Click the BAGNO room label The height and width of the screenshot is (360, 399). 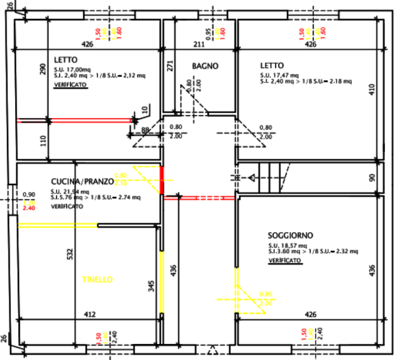point(205,66)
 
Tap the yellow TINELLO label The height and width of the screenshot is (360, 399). point(97,279)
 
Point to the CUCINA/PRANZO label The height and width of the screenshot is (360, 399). point(82,181)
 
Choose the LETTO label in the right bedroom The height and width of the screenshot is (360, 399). point(272,66)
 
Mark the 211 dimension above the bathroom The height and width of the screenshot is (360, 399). point(198,44)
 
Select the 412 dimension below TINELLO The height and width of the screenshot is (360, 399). point(90,314)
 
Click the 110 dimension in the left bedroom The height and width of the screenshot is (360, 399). point(43,140)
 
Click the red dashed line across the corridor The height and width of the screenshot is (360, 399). point(208,197)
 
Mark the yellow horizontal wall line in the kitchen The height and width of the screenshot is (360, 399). point(58,225)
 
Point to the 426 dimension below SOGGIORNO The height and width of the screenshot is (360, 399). point(310,314)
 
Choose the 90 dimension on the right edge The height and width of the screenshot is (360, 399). point(386,177)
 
